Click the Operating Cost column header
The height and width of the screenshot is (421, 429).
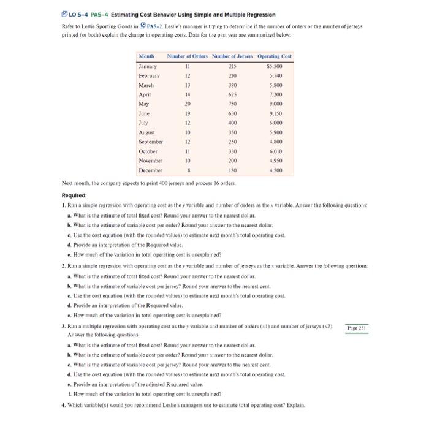click(275, 56)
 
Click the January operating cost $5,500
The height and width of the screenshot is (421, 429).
click(281, 66)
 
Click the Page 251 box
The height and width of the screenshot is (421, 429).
click(357, 328)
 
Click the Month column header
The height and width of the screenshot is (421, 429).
click(146, 56)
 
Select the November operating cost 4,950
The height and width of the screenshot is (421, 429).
click(283, 160)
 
